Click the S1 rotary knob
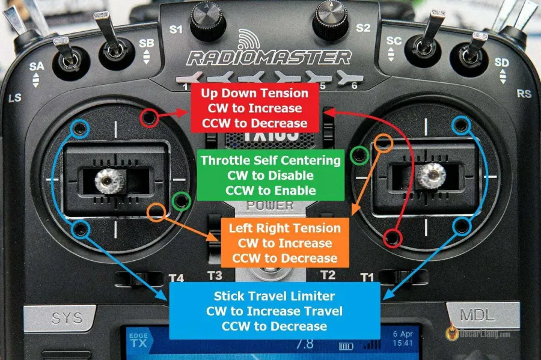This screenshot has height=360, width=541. click(208, 22)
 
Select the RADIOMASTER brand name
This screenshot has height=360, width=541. click(269, 58)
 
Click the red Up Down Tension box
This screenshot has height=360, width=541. click(254, 108)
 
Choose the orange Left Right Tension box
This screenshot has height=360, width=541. click(285, 243)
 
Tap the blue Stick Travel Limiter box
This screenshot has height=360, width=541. click(275, 311)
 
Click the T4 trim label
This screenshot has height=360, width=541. click(176, 278)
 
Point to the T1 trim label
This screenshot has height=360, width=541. click(366, 276)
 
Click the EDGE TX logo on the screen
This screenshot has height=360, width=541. click(137, 341)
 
